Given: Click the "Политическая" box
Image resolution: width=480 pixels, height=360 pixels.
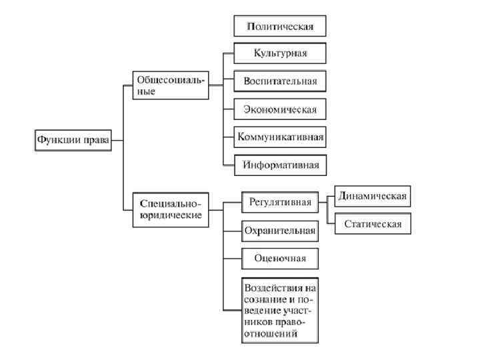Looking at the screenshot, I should coord(281,26).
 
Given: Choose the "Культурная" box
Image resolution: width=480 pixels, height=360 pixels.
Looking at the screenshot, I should coord(281,53).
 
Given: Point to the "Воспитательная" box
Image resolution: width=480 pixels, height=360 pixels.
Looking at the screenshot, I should coord(281,81).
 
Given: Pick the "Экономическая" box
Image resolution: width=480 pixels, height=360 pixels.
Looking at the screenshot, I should coord(281,108).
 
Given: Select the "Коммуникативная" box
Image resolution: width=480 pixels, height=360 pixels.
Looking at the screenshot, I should coord(281,137).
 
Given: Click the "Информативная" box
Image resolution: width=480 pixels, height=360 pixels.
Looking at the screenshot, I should coord(281,164).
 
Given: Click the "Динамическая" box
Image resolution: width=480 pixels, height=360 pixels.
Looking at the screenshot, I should coord(372,197).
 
